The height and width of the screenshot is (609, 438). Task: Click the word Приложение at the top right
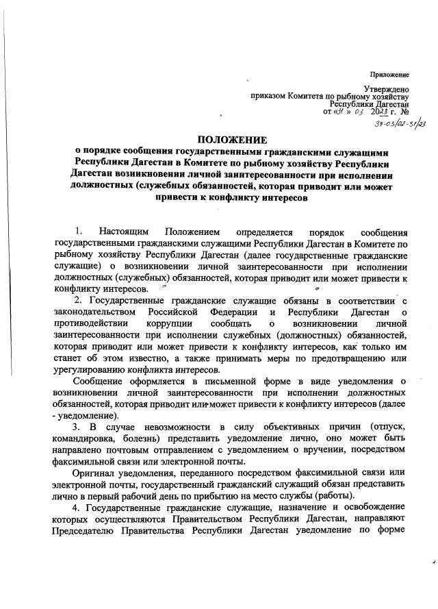pyautogui.click(x=389, y=74)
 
